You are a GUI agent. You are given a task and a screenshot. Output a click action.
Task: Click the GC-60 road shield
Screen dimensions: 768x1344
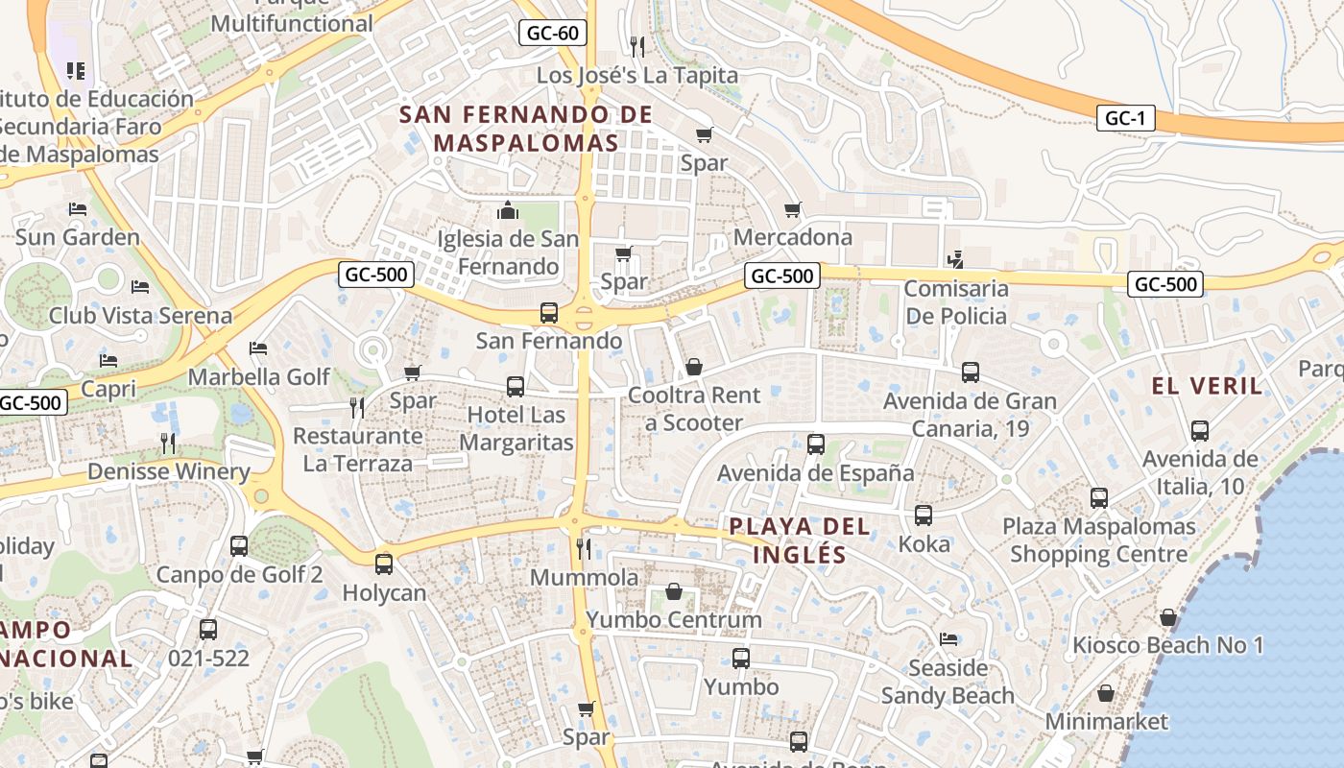coord(554,34)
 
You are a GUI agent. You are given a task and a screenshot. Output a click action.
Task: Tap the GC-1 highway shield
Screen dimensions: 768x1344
coord(1125,119)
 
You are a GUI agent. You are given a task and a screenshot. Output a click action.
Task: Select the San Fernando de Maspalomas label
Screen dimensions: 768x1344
coord(526,129)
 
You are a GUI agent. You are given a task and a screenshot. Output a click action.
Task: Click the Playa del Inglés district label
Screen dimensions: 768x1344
coord(800,540)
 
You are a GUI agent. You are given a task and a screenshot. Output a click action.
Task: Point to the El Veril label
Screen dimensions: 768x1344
coord(1207,386)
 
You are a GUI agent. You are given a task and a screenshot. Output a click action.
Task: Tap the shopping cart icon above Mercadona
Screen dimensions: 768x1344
coord(793,209)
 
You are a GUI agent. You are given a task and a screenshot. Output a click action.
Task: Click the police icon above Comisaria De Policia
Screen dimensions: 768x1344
coord(954,259)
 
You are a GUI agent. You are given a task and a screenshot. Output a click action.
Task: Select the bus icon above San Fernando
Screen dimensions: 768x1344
coord(549,313)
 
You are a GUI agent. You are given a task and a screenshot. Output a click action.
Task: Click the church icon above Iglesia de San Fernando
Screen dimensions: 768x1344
coord(508,210)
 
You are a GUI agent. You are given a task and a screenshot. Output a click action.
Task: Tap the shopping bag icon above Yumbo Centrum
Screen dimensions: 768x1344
coord(674,591)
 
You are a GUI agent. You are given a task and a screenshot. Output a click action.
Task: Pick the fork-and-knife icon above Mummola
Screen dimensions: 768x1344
coord(584,548)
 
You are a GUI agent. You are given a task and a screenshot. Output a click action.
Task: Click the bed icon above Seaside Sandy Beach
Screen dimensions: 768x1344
coord(948,639)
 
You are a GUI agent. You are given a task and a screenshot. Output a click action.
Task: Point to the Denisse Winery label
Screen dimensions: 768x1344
coord(168,471)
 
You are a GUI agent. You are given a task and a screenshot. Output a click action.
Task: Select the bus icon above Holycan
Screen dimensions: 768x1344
coord(384,564)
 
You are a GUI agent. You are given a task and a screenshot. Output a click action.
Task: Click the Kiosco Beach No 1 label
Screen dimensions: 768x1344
coord(1167,645)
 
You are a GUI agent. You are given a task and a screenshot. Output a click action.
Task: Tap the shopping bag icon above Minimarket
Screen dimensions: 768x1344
coord(1106,693)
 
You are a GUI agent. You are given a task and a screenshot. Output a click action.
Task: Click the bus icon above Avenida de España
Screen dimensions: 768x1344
coord(816,444)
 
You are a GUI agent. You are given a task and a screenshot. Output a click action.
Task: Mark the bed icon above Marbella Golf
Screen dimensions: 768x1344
coord(257,348)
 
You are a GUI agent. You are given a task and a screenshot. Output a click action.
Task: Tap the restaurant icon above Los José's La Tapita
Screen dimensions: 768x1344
coord(636,46)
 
